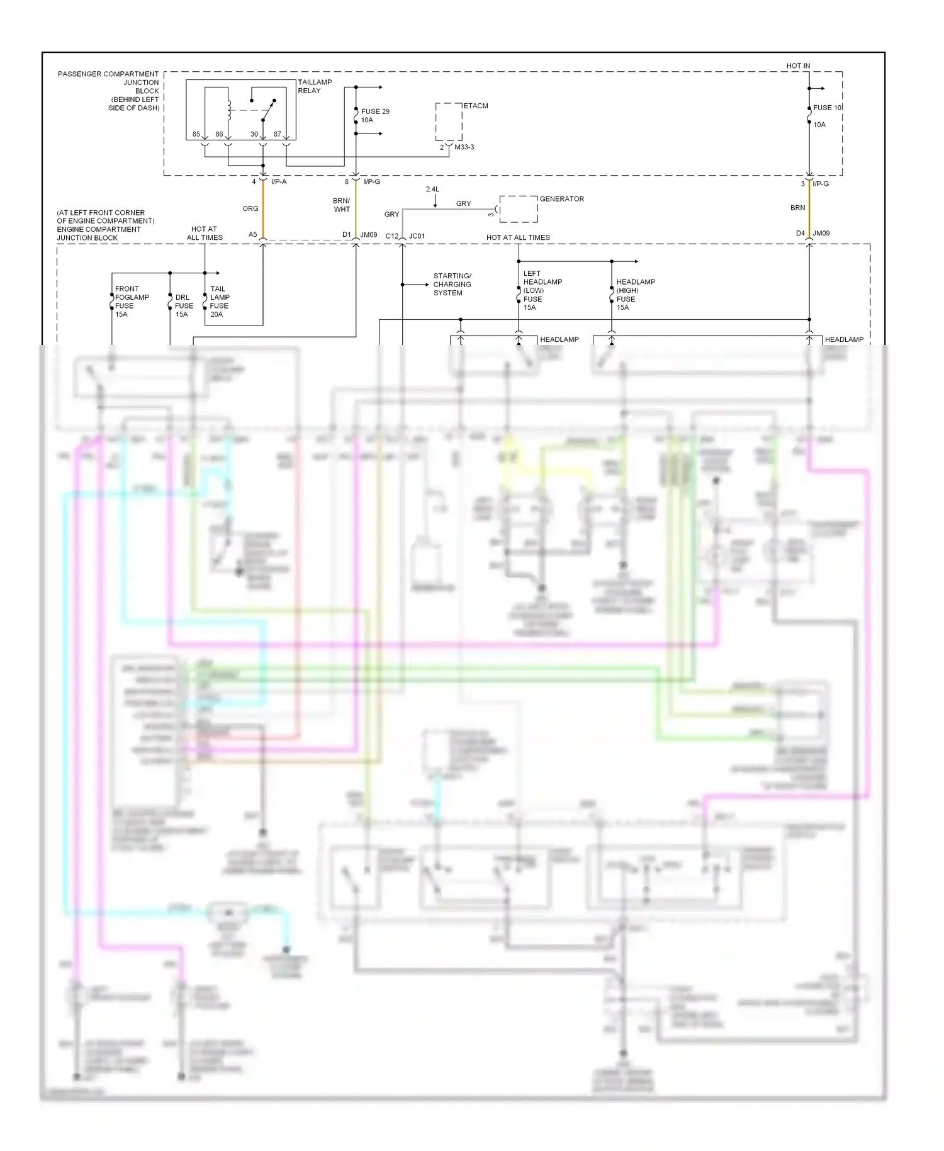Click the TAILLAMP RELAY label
tap(314, 86)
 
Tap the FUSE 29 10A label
tap(374, 115)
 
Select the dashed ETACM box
tap(449, 122)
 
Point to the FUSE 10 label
tap(826, 108)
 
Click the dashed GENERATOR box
tap(519, 209)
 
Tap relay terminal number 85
tap(196, 134)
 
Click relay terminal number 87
tap(277, 134)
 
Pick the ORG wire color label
tap(250, 208)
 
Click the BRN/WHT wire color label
tap(342, 205)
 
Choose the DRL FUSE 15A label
tap(184, 305)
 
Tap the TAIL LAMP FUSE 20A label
tap(219, 301)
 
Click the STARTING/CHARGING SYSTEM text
tap(452, 285)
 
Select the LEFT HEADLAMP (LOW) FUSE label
tap(542, 290)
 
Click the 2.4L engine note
tap(432, 190)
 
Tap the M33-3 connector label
tap(464, 147)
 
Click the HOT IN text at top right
tap(798, 65)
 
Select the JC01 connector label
tap(417, 236)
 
